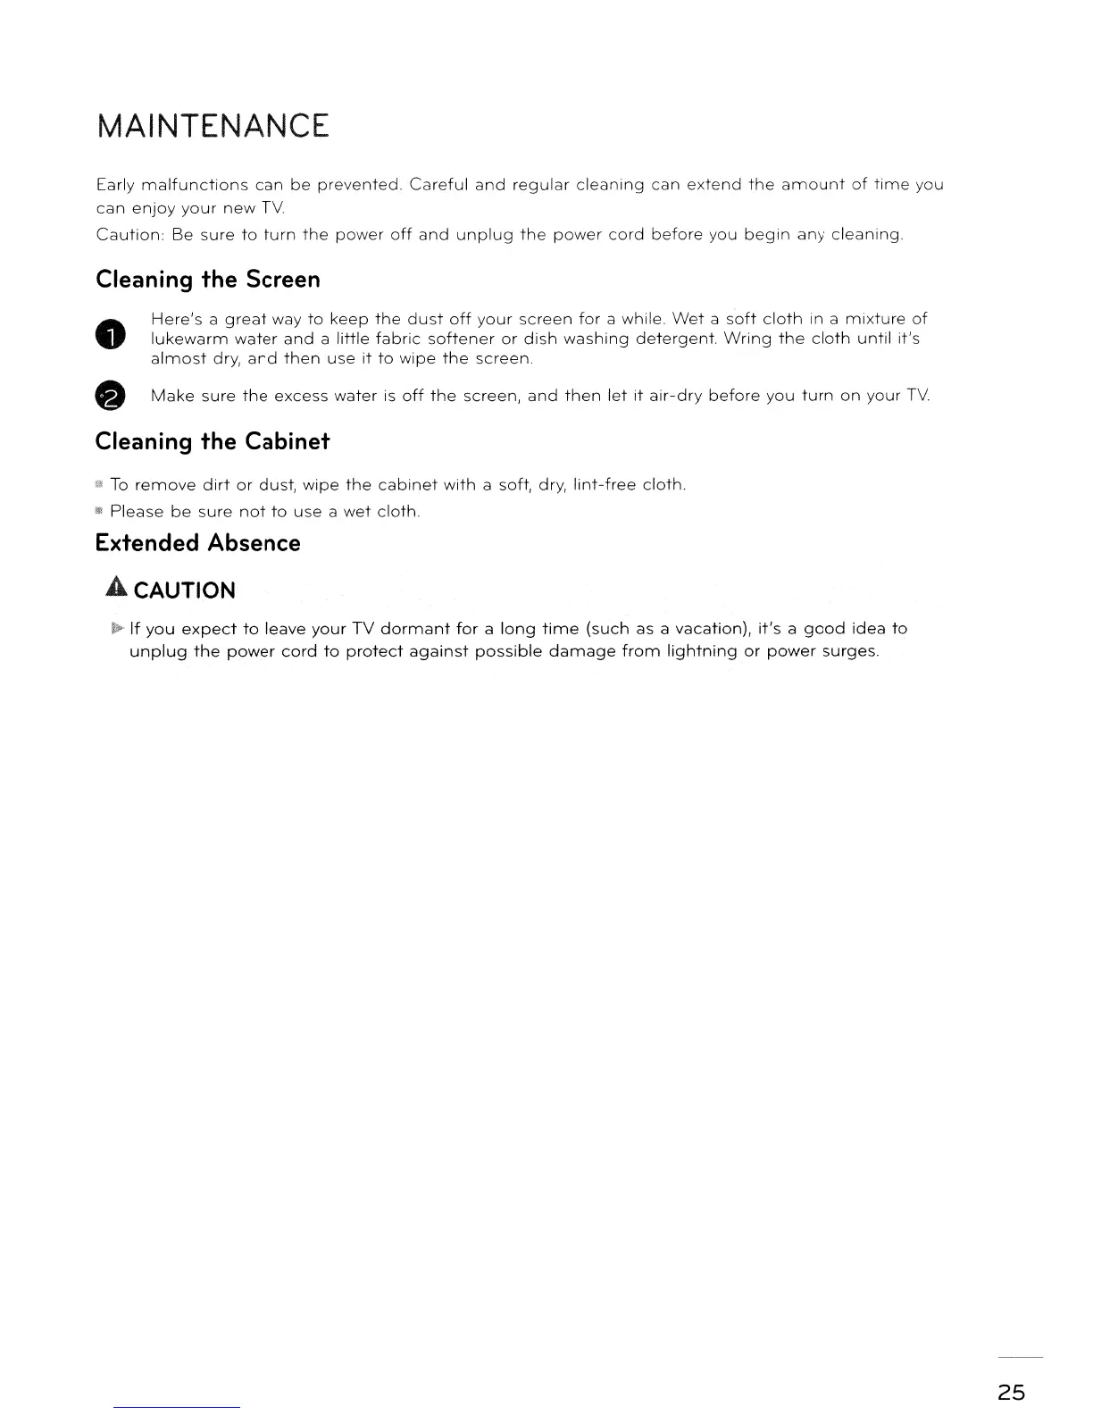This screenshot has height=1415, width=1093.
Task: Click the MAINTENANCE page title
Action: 213,126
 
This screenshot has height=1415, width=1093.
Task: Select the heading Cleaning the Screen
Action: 207,280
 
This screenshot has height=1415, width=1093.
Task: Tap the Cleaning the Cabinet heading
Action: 213,441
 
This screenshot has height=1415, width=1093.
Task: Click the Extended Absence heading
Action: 197,543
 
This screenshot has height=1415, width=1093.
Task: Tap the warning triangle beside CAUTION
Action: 116,589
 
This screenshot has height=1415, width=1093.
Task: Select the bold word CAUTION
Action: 184,590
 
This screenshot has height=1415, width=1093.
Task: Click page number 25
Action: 1012,1392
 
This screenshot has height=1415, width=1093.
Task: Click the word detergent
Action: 675,339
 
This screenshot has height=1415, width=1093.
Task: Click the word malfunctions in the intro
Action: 194,186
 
